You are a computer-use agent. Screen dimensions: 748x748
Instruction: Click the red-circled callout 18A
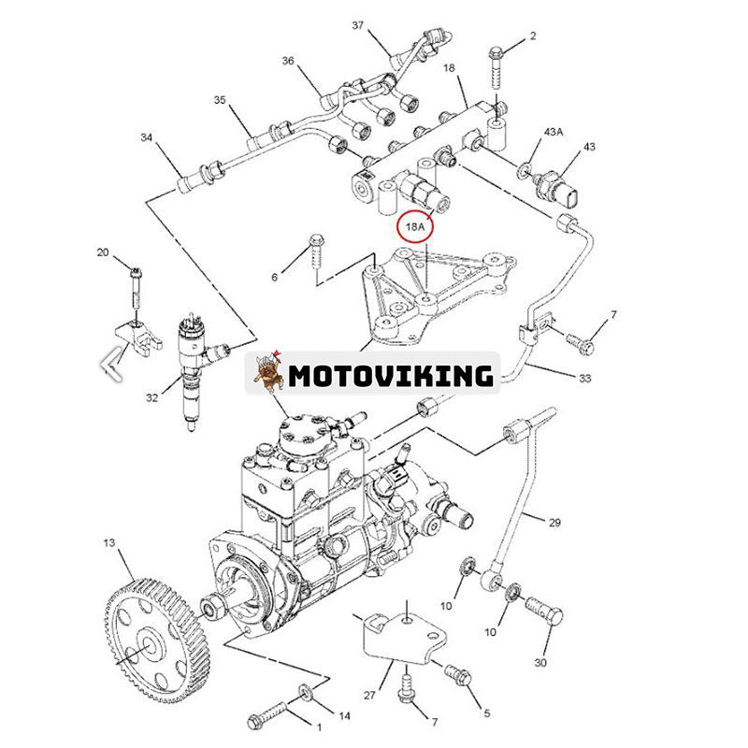[x=413, y=225]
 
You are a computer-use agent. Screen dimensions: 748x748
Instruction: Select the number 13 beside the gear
[x=109, y=542]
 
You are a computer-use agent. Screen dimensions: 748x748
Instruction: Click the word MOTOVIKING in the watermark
[x=390, y=376]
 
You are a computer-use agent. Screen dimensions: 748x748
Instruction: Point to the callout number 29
[x=554, y=523]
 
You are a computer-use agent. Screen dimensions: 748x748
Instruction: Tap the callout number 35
[x=221, y=100]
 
